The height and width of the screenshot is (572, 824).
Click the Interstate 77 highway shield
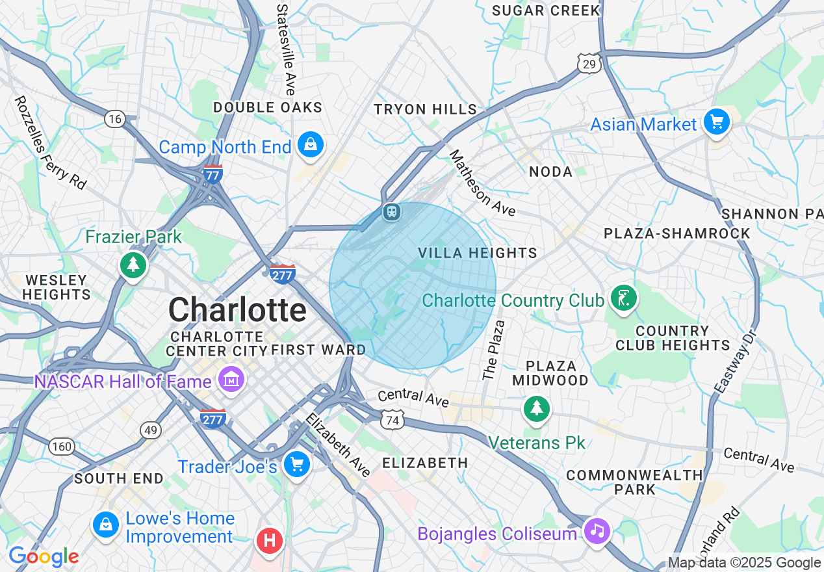click(212, 174)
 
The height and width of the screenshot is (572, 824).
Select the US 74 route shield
click(392, 420)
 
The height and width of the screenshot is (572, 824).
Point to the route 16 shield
click(115, 118)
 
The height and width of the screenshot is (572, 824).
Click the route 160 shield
click(62, 447)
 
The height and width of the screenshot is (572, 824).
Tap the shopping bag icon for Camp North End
click(311, 145)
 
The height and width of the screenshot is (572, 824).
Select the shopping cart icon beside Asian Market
click(716, 122)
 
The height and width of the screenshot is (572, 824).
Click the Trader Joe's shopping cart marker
click(297, 465)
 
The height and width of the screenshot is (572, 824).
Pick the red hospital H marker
click(269, 540)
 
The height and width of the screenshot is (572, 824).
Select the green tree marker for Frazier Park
click(133, 265)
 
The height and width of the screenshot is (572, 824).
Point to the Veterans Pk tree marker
click(536, 409)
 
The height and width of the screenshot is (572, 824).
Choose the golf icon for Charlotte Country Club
click(624, 299)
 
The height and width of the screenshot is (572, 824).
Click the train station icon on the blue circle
click(391, 212)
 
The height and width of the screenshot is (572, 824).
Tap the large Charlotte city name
click(237, 310)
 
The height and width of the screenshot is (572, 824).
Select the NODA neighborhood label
click(550, 172)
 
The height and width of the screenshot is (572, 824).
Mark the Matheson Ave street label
click(482, 184)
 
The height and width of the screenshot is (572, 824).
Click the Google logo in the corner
click(44, 556)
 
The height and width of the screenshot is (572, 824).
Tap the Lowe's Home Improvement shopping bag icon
click(105, 525)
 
